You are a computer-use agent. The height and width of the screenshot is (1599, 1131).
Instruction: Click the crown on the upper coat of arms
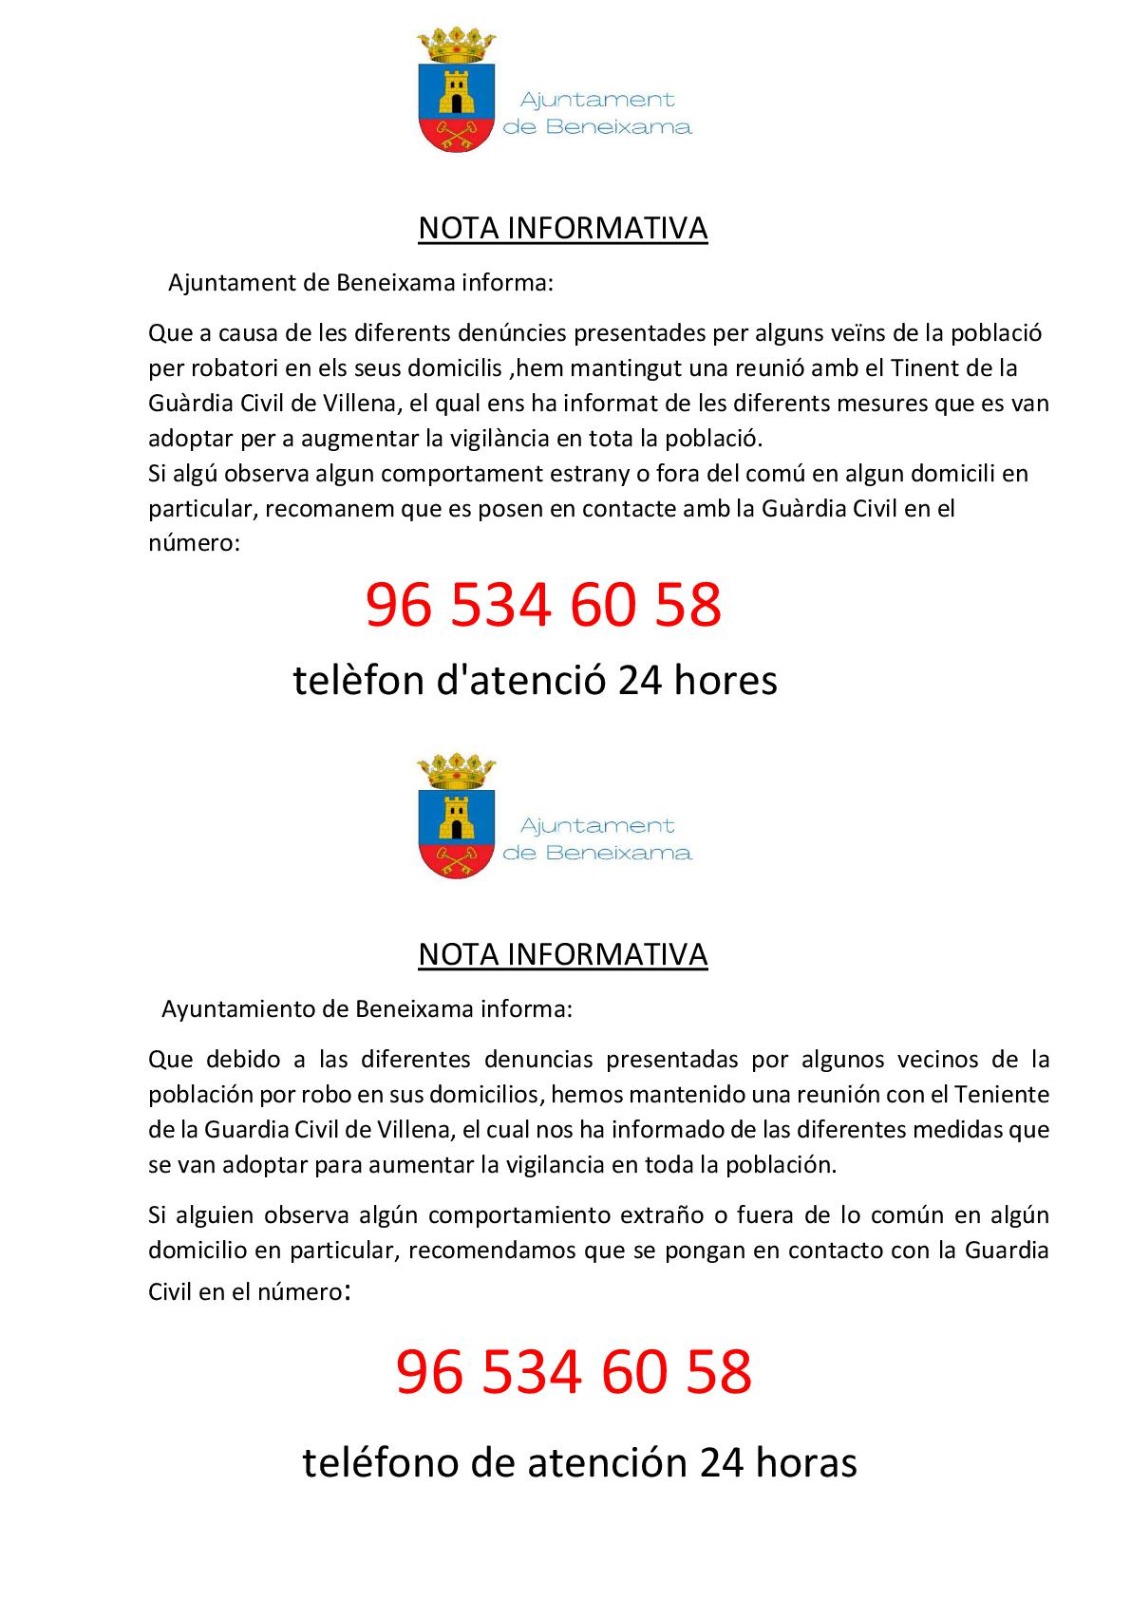point(458,44)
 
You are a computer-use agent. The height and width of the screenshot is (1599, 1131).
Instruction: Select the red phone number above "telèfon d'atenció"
point(543,606)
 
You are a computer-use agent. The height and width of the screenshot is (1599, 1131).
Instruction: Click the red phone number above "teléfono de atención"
point(574,1371)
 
